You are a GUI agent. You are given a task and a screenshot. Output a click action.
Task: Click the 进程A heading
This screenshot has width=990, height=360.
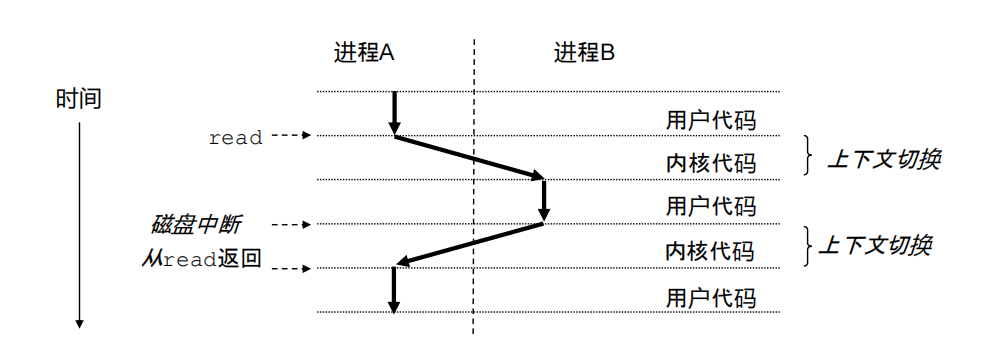click(x=363, y=53)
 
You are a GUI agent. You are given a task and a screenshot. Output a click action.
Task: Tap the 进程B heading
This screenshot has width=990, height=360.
click(x=584, y=53)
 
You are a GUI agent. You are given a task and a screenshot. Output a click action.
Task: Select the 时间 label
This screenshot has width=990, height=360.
click(x=79, y=99)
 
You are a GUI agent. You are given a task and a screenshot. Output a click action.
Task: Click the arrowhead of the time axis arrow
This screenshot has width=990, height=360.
click(x=79, y=322)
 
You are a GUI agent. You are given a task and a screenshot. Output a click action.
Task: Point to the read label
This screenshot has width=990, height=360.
click(x=235, y=138)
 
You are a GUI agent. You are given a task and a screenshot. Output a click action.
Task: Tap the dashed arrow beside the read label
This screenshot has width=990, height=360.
click(x=292, y=136)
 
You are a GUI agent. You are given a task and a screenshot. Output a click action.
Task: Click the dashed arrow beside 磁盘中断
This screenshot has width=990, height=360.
click(x=292, y=224)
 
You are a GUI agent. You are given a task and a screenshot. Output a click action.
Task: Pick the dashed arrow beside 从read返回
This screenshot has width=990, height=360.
click(x=292, y=268)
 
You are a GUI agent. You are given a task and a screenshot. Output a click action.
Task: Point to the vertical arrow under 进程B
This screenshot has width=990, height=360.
click(x=544, y=200)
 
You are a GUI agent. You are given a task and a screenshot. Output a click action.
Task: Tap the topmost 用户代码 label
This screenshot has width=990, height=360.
click(x=711, y=121)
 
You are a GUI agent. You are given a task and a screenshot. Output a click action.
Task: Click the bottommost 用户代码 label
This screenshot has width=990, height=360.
click(x=711, y=298)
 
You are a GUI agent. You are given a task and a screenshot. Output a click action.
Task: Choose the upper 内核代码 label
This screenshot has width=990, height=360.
click(x=711, y=163)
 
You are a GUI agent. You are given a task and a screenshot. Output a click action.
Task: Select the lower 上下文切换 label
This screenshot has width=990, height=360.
click(x=875, y=245)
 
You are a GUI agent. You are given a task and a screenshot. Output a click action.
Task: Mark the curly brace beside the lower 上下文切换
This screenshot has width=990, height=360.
click(x=809, y=246)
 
